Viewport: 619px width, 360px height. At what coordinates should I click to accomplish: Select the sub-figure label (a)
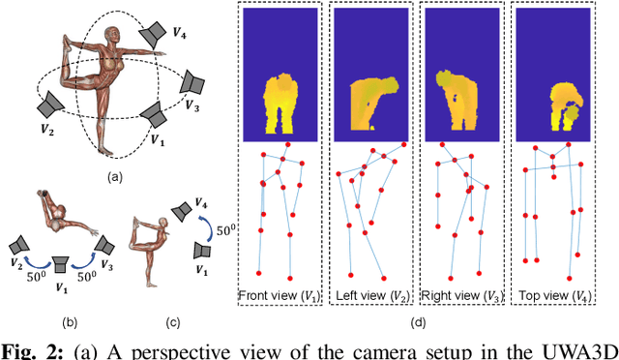pyautogui.click(x=115, y=175)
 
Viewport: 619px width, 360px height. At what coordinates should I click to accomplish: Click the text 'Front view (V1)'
pyautogui.click(x=280, y=293)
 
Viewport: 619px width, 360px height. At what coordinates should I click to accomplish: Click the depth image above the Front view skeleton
pyautogui.click(x=280, y=74)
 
